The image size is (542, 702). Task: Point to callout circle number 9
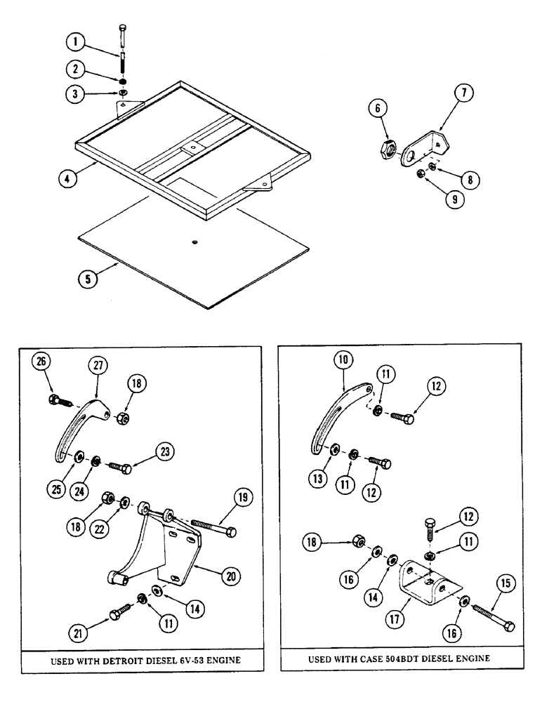click(x=456, y=199)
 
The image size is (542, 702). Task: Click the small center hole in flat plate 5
click(x=194, y=242)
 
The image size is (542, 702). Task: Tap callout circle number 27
click(x=98, y=366)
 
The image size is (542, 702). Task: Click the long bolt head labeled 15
click(x=509, y=625)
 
